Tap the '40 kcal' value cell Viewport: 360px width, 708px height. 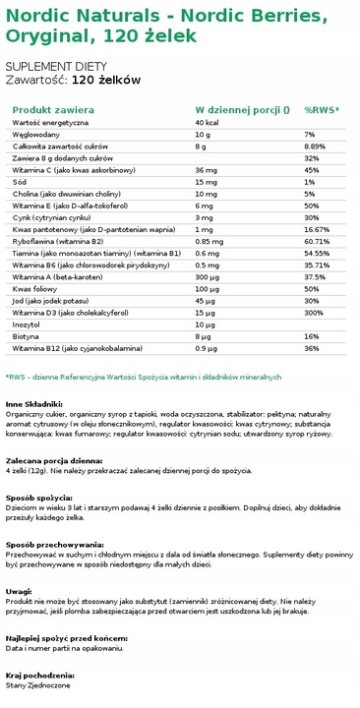(209, 122)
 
